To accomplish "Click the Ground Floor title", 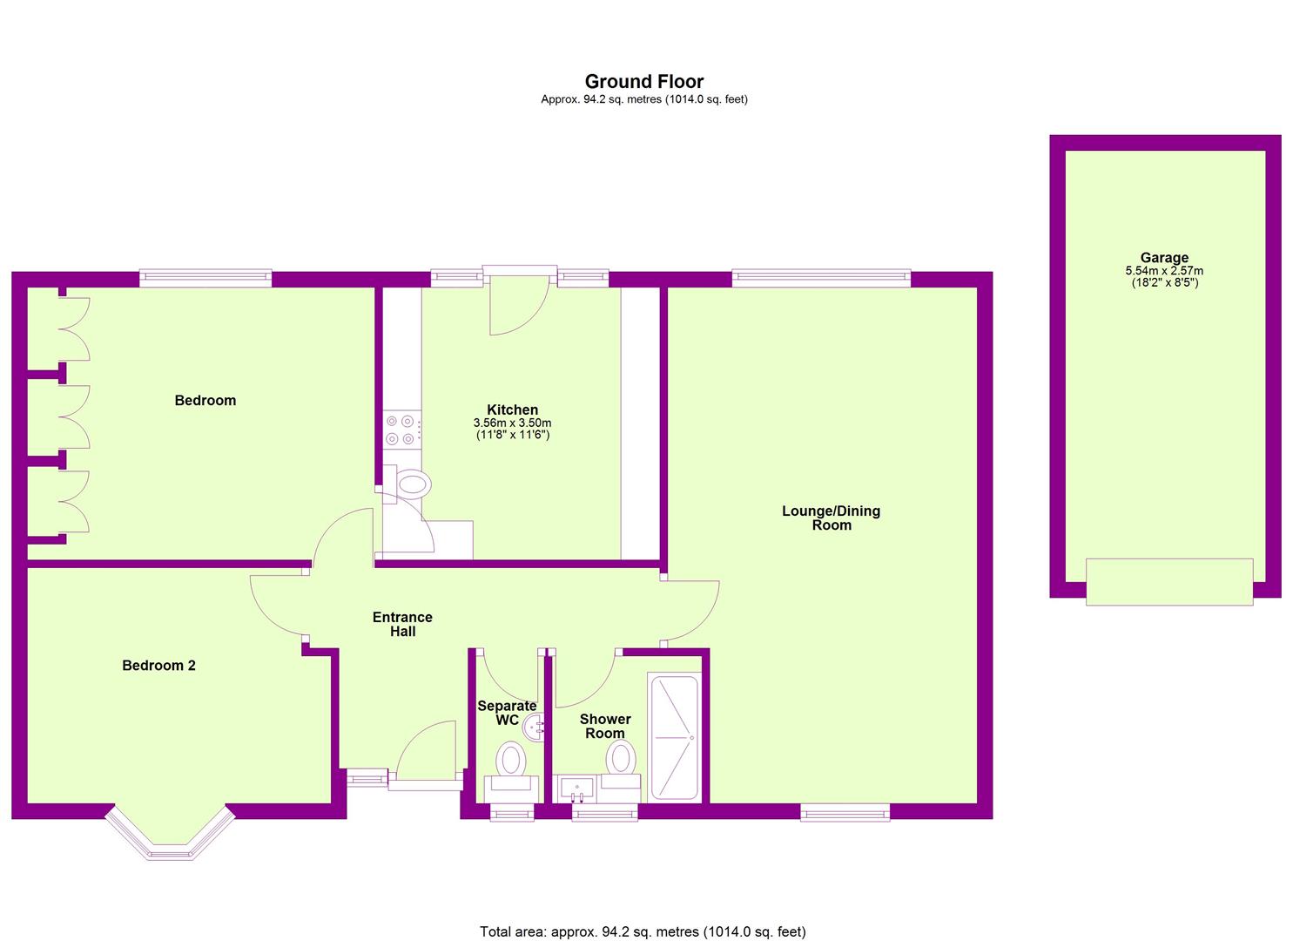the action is click(x=644, y=81).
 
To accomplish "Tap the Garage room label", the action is click(x=1164, y=258).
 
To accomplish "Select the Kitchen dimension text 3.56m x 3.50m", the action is click(x=513, y=423).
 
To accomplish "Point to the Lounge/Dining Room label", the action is click(x=832, y=518).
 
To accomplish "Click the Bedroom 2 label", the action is click(x=158, y=666).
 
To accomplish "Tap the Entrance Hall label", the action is click(x=402, y=624).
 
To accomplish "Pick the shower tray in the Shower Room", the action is click(x=675, y=738).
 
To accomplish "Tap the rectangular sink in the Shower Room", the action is click(x=576, y=789).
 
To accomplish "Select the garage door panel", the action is click(x=1169, y=582).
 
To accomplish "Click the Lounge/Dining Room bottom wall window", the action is click(x=845, y=813).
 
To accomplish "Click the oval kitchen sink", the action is click(x=414, y=484).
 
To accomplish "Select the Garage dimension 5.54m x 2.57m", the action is click(x=1164, y=270).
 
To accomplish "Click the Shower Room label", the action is click(x=605, y=726).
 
